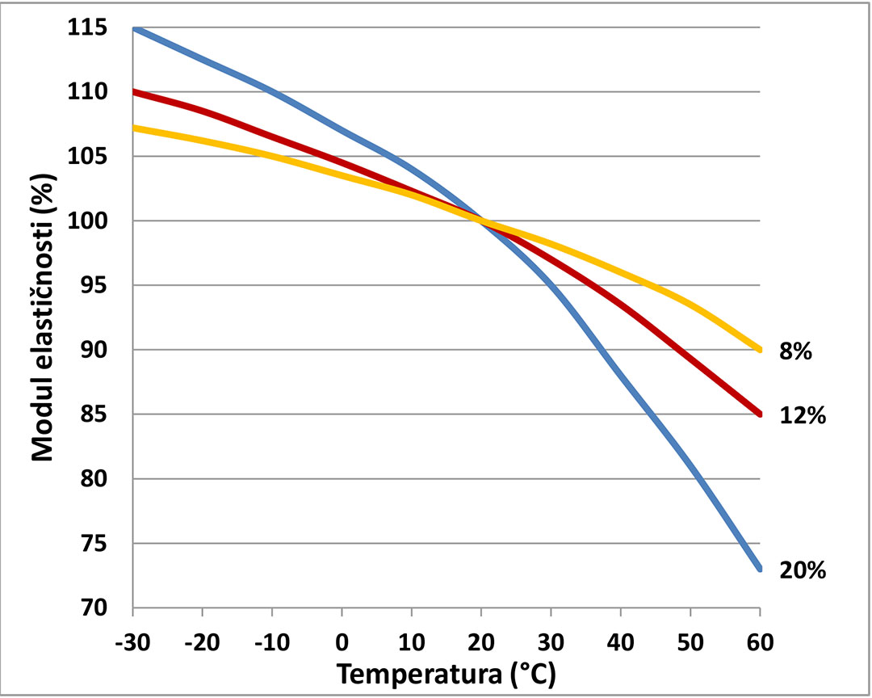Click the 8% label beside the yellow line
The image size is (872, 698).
coord(795,352)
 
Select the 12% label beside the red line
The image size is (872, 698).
coord(803,416)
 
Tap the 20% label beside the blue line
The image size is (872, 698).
coord(803,570)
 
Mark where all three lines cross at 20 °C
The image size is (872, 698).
coord(483,221)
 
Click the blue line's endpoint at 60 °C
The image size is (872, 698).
coord(760,569)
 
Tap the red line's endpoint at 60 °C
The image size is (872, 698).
coord(760,414)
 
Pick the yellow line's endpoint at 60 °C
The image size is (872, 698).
coord(760,350)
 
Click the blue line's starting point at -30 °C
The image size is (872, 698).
coord(134,28)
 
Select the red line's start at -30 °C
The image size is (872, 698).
coord(134,92)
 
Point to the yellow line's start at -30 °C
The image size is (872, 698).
coord(134,128)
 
